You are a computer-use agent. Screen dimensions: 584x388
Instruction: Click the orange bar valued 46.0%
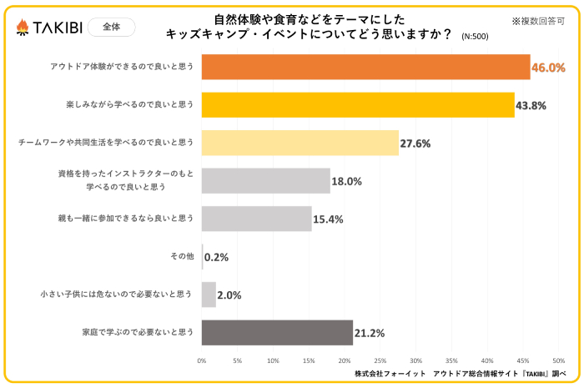coord(365,67)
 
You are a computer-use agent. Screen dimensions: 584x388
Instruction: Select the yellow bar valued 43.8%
coord(358,105)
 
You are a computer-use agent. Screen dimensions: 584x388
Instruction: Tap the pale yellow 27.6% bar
coord(300,143)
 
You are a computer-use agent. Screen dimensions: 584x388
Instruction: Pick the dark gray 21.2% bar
coord(277,333)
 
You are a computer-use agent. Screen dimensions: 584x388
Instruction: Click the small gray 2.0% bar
coord(209,295)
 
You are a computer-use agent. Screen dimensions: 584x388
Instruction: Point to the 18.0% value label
coord(347,181)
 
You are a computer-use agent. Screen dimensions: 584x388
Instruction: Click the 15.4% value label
coord(328,219)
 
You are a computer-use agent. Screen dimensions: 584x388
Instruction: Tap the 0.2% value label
coord(216,257)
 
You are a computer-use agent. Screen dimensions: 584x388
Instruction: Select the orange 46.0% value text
coord(548,68)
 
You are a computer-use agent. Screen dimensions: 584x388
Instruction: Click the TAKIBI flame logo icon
coord(23,28)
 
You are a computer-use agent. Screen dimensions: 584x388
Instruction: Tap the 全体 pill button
coord(111,28)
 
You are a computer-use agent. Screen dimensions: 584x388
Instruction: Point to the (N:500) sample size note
coord(475,36)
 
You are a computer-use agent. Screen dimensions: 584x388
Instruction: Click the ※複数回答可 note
coord(538,21)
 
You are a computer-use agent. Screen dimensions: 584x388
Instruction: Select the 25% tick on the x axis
coord(380,360)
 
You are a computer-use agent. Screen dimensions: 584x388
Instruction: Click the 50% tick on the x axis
coord(559,360)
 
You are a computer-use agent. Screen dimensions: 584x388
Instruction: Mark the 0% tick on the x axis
coord(202,360)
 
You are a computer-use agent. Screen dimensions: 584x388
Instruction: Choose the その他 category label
coord(182,256)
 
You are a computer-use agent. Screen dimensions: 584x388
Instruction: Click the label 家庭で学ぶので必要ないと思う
coord(138,332)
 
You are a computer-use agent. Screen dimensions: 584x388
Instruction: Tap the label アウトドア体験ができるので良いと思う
coord(122,66)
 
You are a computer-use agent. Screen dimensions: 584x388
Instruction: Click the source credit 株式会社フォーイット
coord(390,374)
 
